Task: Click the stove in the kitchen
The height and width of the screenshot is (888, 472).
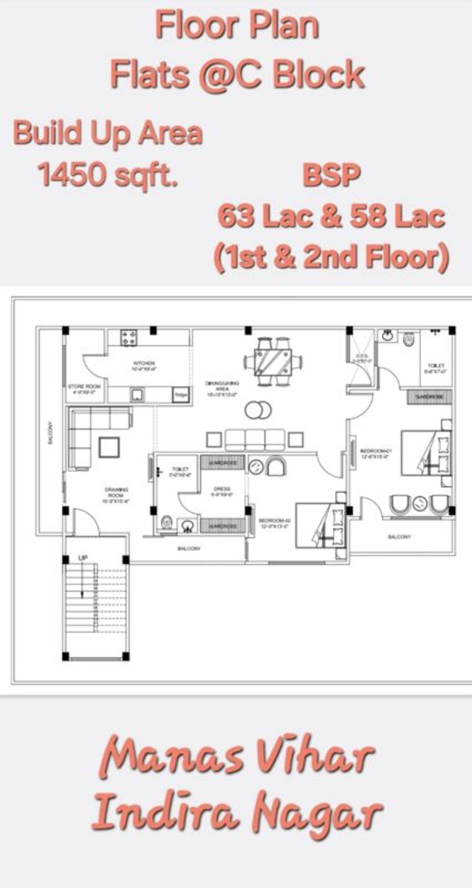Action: coord(129,338)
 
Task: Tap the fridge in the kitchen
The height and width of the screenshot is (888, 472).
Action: coord(181,395)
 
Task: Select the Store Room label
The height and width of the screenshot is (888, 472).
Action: coord(84,388)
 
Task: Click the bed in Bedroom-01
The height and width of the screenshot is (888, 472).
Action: coord(427,452)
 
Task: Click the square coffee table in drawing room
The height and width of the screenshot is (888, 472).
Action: coord(110,447)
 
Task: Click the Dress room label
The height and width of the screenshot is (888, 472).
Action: coord(222,489)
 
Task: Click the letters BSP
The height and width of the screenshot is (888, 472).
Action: coord(332,176)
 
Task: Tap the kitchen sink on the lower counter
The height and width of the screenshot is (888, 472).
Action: coord(136,395)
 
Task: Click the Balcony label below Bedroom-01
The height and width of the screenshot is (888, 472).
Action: coord(399,537)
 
